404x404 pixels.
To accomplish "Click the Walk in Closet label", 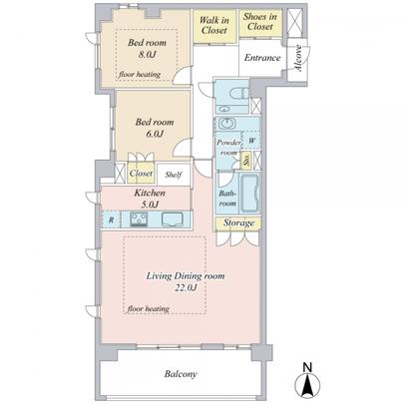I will [x=216, y=25].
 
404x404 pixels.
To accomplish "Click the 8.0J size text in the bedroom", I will [x=146, y=56].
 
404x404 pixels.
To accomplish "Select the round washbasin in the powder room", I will [x=227, y=124].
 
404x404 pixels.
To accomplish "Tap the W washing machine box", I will [x=250, y=141].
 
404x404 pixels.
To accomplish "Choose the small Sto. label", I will [x=247, y=159].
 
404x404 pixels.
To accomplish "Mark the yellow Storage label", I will [x=238, y=222].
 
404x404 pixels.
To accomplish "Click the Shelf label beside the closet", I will [x=174, y=174].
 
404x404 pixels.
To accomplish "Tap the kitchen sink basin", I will [x=174, y=219].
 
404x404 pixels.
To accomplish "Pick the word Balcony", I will [x=182, y=375].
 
